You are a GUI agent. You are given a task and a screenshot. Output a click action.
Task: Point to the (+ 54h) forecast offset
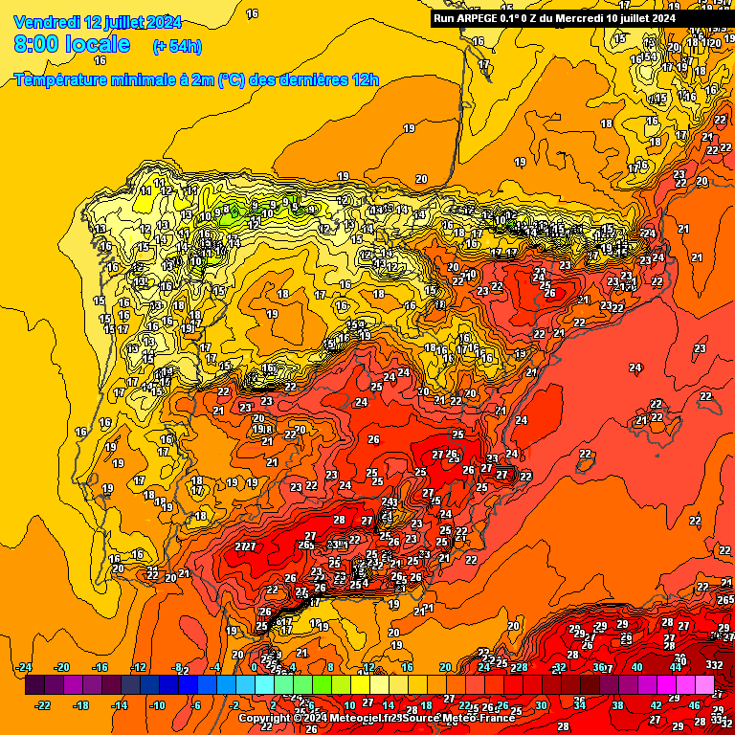click(x=177, y=46)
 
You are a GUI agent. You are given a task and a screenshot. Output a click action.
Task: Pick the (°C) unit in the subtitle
click(x=231, y=80)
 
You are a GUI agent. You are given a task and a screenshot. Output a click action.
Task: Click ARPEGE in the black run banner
click(x=477, y=17)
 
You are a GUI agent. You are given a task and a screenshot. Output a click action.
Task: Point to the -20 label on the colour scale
click(x=62, y=667)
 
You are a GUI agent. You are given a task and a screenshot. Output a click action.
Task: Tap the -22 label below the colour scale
click(x=43, y=705)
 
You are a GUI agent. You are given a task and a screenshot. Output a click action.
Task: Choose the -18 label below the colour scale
click(x=81, y=705)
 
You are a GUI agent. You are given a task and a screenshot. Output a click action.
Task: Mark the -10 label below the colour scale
click(x=158, y=705)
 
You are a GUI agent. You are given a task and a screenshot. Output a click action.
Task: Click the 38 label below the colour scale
click(x=618, y=705)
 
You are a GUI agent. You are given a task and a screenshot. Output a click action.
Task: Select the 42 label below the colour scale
click(x=657, y=705)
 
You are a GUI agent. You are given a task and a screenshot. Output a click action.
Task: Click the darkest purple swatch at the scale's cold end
click(x=33, y=685)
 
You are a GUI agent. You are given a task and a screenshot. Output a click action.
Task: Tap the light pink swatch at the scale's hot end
click(x=704, y=685)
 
